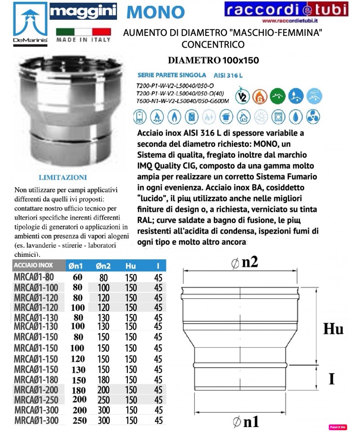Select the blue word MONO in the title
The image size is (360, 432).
[x=155, y=12]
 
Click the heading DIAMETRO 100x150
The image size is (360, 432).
[x=213, y=60]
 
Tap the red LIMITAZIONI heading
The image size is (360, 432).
[x=63, y=177]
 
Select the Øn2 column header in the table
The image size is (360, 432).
[x=104, y=266]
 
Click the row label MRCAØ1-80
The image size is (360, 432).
[x=34, y=277]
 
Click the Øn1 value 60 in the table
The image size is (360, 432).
[x=77, y=277]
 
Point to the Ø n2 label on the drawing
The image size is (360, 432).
[x=245, y=263]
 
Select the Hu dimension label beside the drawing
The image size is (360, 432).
[x=333, y=329]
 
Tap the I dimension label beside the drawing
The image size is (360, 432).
[x=332, y=378]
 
